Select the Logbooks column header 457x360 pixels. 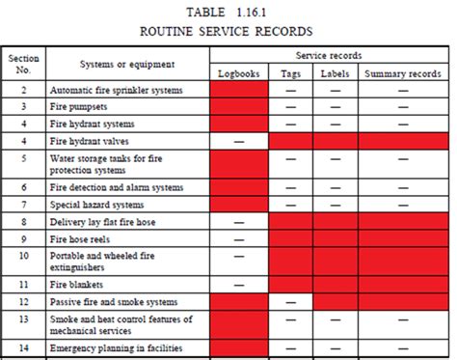(x=238, y=72)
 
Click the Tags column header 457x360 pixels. (x=290, y=72)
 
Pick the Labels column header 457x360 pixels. (x=335, y=72)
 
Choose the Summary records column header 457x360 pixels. (x=403, y=72)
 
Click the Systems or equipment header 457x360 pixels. (x=127, y=64)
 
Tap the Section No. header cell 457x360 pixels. (x=23, y=64)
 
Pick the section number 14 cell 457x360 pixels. (x=23, y=347)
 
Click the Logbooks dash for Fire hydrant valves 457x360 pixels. (x=238, y=141)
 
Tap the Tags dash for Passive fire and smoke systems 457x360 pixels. (x=290, y=302)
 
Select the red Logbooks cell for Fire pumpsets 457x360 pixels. (x=238, y=107)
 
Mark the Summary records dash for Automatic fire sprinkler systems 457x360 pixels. (x=403, y=90)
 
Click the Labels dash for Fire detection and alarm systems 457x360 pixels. (x=335, y=186)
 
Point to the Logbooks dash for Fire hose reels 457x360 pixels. (x=238, y=238)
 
